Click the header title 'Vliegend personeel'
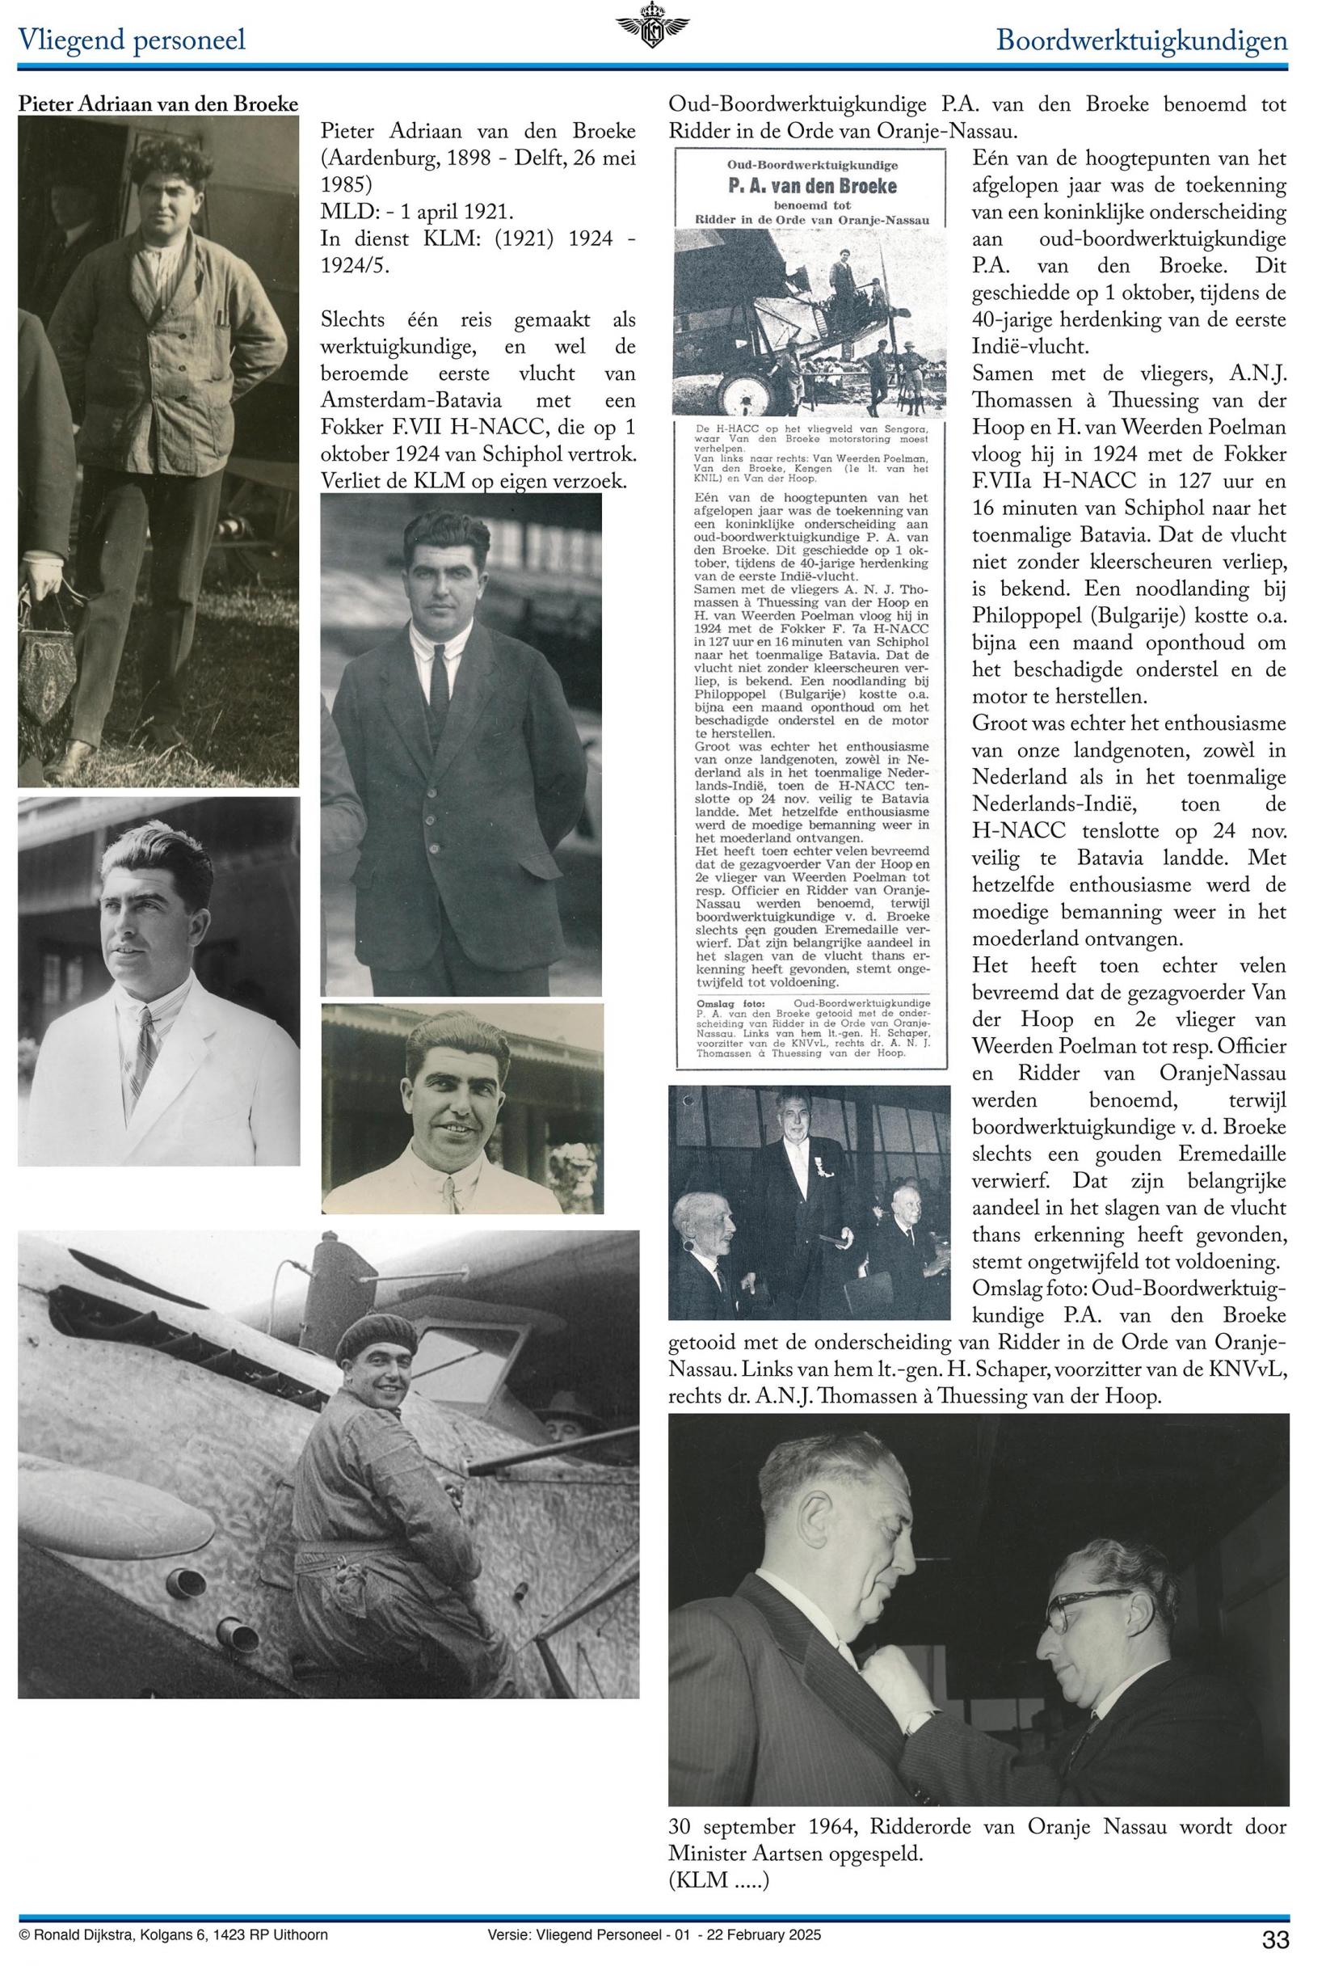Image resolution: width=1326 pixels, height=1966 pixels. [x=132, y=40]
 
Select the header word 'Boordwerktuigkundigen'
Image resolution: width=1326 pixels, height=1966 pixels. [x=1141, y=40]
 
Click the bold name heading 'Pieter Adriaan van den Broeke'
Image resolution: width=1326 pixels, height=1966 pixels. [x=158, y=104]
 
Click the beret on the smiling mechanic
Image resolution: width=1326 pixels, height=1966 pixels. [x=380, y=1335]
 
